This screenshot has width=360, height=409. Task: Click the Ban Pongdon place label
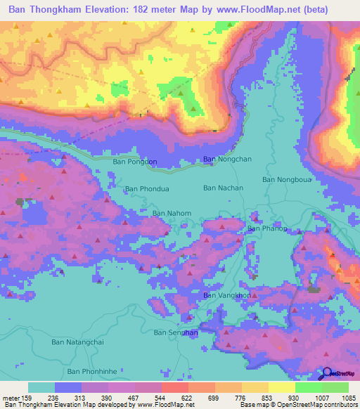[135, 162]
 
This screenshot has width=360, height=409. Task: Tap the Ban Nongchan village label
[227, 160]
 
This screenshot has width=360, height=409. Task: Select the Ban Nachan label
[223, 188]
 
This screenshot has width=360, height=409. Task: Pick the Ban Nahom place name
[172, 214]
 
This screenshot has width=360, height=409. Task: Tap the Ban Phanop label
[266, 228]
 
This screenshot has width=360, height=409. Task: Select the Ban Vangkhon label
[226, 296]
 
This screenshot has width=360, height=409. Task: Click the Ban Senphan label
[175, 332]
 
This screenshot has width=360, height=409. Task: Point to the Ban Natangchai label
[77, 342]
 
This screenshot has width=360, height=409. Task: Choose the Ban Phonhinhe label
[91, 371]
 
